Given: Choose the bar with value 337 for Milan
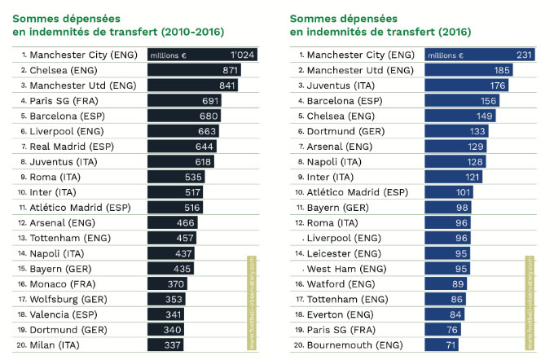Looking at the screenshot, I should (166, 344).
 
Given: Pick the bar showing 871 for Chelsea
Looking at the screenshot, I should (194, 70).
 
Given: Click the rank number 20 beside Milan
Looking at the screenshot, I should (19, 344).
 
